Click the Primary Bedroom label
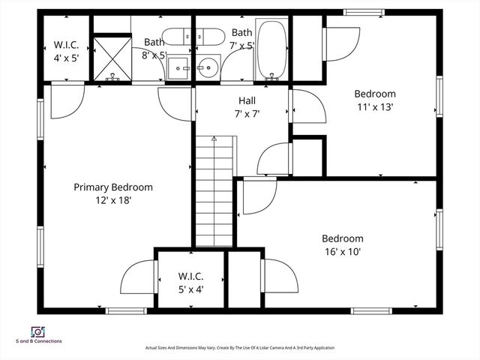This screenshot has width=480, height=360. click(x=113, y=187)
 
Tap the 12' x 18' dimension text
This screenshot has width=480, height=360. click(x=113, y=200)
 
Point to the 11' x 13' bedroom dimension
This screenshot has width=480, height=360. click(x=374, y=106)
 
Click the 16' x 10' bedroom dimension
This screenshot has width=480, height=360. click(x=343, y=252)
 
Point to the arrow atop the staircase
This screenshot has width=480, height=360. click(x=214, y=139)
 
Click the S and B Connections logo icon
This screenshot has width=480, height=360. click(x=36, y=331)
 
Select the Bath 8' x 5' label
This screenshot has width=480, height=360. click(x=154, y=49)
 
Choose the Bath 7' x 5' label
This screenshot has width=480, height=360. click(x=242, y=38)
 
